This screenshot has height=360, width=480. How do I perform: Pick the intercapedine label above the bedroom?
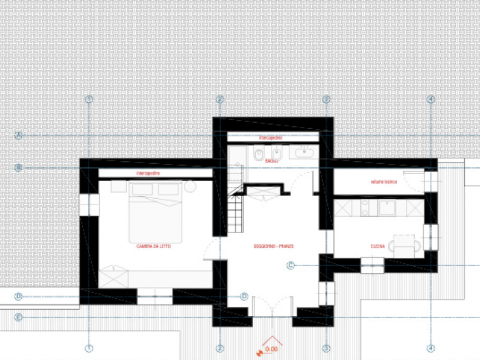[x=149, y=173]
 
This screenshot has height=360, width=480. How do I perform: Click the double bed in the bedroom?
[x=156, y=212]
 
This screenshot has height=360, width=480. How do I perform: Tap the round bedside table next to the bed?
[x=190, y=187]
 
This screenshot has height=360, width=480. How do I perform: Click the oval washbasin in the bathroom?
[x=302, y=154]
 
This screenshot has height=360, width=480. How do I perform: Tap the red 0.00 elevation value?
[x=271, y=349]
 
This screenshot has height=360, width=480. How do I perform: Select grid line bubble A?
[x=19, y=136]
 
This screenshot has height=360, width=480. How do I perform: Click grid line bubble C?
[x=290, y=265]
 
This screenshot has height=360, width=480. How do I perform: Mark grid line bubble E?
[x=19, y=317]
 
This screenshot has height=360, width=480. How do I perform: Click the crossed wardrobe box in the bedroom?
[x=114, y=278]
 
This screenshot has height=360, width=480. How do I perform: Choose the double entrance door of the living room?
[x=272, y=306]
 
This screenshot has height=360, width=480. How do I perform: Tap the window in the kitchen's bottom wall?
[x=371, y=263]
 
